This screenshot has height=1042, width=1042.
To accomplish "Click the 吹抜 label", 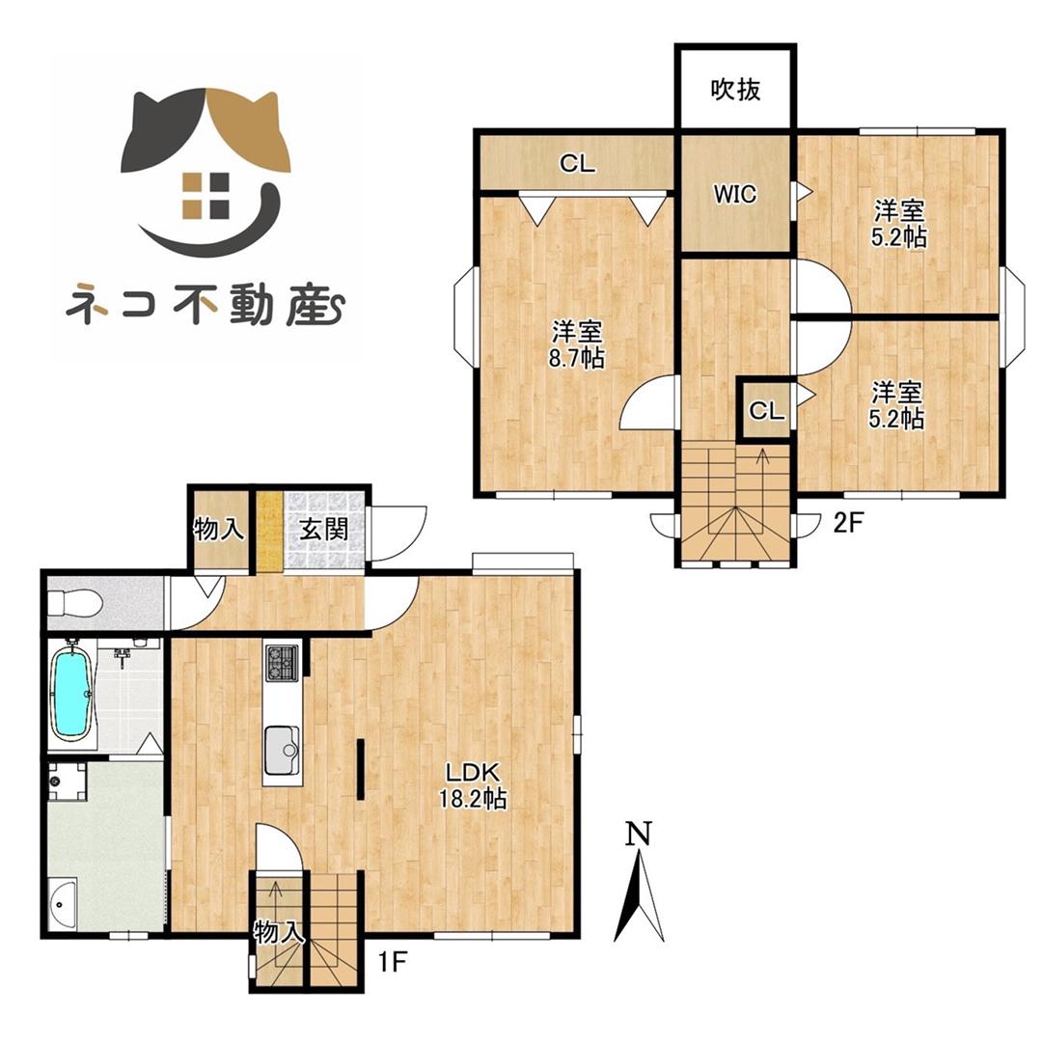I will pos(736,90).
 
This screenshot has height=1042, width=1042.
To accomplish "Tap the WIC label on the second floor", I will pos(735,194).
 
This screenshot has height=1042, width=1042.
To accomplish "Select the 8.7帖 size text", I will pos(578,359).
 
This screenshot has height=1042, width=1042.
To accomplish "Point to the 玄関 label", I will pos(317,529).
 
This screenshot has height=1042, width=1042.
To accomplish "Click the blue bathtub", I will pos(70,694).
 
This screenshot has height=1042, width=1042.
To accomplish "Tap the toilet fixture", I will pos(75,603).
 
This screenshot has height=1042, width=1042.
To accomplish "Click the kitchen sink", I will pos(283,747).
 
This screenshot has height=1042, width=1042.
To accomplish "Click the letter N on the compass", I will pos(638,833).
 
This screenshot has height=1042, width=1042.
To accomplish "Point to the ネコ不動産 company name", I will pos(206,304).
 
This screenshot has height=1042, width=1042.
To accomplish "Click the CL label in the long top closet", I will pos(577,164).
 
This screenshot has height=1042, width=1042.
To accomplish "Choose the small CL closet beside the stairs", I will pos(767,412).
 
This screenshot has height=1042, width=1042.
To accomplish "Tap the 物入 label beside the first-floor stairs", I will pos(280,932).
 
